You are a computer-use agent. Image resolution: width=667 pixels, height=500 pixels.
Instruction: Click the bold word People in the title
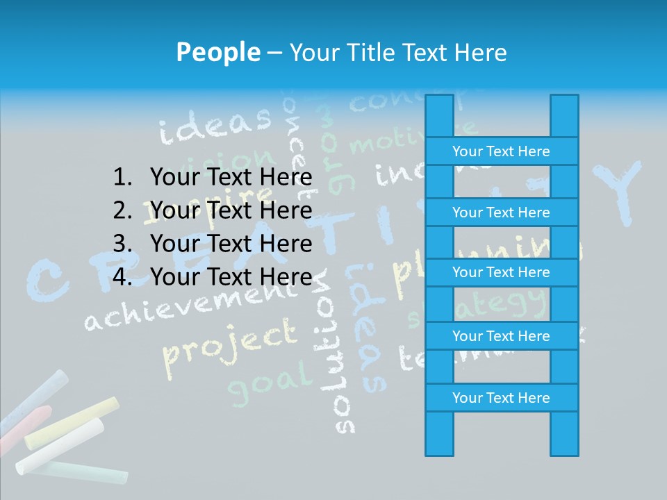(217, 52)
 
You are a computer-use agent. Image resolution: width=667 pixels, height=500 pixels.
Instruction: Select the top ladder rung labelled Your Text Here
(501, 151)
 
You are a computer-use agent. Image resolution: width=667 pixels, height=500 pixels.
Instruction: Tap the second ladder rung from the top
(501, 212)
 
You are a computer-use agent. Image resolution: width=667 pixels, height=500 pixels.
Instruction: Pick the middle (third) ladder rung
(501, 272)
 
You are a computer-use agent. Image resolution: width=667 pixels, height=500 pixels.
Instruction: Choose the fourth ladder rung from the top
(501, 336)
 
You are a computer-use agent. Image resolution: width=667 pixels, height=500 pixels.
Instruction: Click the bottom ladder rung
(501, 398)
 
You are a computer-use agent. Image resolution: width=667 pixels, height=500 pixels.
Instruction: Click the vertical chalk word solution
(340, 361)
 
